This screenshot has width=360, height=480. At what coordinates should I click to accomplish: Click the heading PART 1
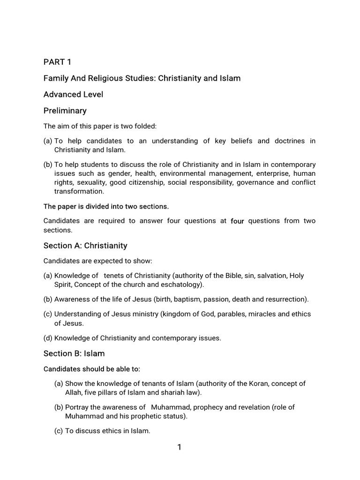pos(58,62)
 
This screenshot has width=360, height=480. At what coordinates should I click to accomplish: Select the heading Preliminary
pos(65,111)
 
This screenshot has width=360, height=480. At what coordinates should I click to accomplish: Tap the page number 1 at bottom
pos(179,448)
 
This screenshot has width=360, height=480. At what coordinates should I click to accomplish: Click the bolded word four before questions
pos(238,221)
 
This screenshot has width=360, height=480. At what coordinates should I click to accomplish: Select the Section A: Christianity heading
pos(85,246)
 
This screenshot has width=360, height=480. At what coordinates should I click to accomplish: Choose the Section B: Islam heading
pos(74,353)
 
